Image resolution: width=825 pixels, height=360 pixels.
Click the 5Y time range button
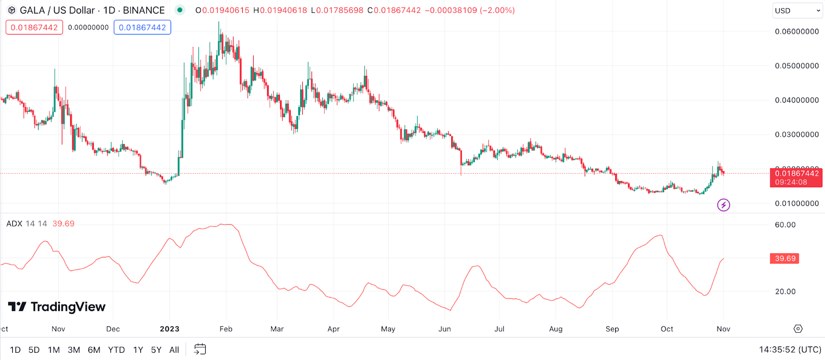[x=156, y=350]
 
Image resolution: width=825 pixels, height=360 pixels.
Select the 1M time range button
[x=54, y=350]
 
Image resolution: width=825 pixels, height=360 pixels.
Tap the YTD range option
[x=116, y=350]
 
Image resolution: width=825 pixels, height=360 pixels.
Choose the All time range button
[x=174, y=350]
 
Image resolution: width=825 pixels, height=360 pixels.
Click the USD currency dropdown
[x=797, y=10]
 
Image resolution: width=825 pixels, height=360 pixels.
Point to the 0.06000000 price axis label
[x=797, y=31]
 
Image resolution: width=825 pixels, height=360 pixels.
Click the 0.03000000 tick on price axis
[x=797, y=135]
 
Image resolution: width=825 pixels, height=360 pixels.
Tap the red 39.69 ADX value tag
[x=785, y=258]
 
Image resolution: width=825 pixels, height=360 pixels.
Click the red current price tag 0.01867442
[x=796, y=174]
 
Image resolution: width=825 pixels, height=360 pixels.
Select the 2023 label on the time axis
[x=170, y=329]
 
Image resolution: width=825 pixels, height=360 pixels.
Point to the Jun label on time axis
[x=444, y=329]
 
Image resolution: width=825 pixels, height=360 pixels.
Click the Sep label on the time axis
[x=612, y=329]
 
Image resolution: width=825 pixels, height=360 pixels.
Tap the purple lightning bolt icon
[x=723, y=205]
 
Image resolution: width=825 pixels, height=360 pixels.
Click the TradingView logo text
[x=57, y=307]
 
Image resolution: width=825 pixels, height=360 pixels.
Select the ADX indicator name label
[x=14, y=224]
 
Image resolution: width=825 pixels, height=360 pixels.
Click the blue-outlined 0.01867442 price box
[x=142, y=27]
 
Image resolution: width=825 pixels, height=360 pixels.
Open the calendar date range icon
[x=200, y=349]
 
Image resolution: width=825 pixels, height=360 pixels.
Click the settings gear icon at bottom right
[x=798, y=329]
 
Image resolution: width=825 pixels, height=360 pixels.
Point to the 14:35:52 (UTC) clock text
[x=790, y=350]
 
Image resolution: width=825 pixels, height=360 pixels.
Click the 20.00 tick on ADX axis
[x=785, y=291]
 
